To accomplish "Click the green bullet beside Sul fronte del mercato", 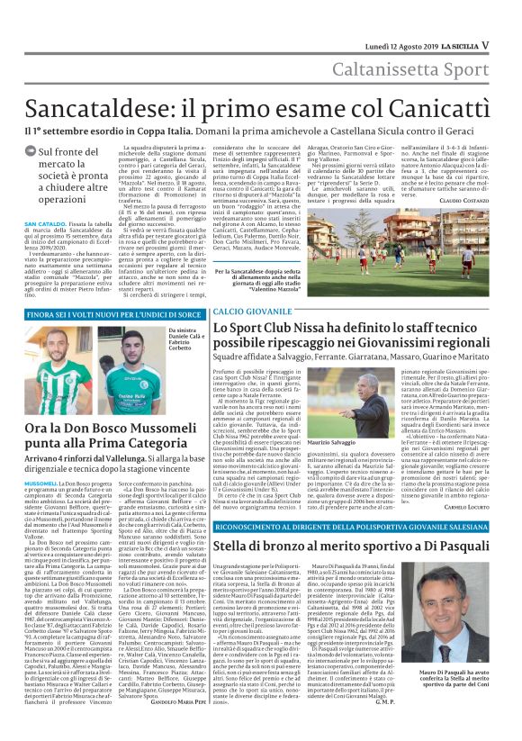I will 31,153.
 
